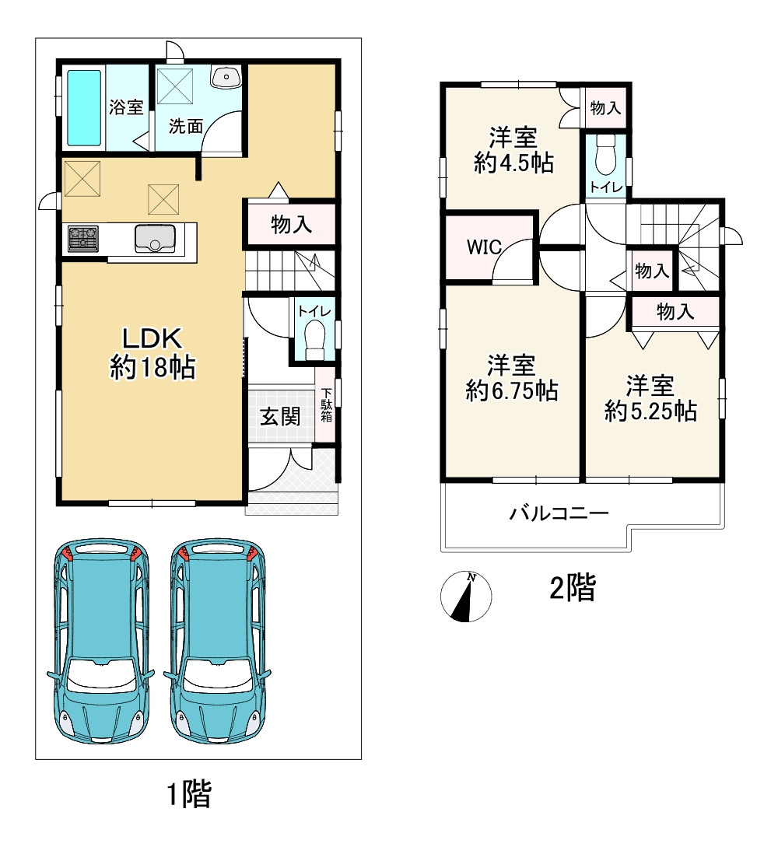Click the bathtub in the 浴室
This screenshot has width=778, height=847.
point(84,108)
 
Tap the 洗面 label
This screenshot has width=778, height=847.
point(187,127)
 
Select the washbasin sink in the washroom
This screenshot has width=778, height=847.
point(226,76)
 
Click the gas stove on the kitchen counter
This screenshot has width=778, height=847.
point(83,237)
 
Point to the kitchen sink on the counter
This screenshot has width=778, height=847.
point(158,238)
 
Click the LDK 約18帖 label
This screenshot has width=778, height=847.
point(152,352)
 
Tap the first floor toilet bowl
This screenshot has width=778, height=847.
point(315,339)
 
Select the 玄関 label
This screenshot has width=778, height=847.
point(279,416)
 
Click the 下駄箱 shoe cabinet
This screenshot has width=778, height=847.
point(327,404)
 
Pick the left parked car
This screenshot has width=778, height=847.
point(99,642)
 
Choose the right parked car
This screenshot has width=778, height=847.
point(219,642)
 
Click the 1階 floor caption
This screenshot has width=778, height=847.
point(189,794)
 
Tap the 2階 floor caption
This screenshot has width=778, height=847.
point(572,588)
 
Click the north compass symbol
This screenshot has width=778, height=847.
point(467,597)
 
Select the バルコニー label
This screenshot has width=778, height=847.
point(559,513)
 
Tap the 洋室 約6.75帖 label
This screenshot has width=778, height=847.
point(512,377)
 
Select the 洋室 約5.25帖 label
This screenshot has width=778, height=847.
point(650,397)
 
